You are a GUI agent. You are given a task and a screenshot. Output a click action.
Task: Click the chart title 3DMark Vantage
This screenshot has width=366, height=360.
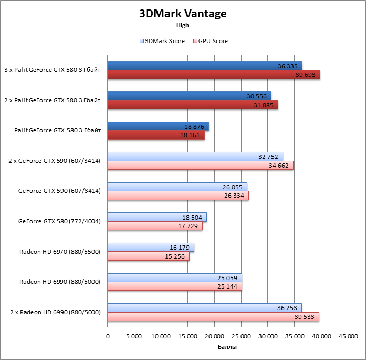click(x=183, y=14)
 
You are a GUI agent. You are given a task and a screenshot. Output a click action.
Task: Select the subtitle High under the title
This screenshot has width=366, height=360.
click(x=183, y=25)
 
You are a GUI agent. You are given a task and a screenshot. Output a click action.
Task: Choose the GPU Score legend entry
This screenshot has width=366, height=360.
click(x=211, y=41)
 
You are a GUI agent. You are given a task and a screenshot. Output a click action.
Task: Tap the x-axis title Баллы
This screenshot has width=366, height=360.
click(x=227, y=347)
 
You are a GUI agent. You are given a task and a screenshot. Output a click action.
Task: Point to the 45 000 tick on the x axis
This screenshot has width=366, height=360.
click(x=347, y=336)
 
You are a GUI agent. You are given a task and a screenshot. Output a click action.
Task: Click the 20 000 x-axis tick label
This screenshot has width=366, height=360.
click(x=214, y=336)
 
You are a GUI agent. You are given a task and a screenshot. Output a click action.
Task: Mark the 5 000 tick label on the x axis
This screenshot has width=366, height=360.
click(x=134, y=336)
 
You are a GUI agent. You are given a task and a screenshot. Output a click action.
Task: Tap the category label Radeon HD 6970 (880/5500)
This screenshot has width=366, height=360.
click(x=59, y=252)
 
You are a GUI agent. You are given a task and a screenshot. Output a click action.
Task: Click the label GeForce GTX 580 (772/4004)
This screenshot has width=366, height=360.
click(x=59, y=221)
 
